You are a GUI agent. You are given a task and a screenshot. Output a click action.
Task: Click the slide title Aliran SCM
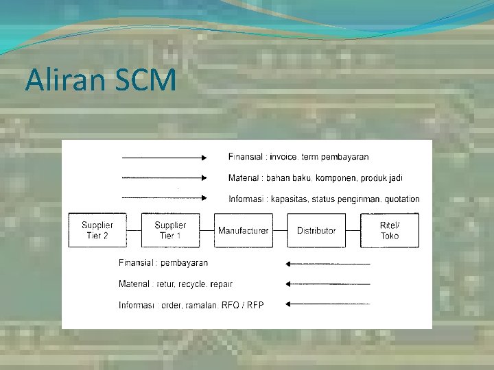point(100,80)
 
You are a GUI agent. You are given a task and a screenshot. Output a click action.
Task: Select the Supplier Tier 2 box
point(97,230)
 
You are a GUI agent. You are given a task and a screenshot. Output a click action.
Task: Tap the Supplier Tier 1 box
point(170,230)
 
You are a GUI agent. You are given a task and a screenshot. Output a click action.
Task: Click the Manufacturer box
point(244,230)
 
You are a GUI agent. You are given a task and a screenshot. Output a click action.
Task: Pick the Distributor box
point(316,230)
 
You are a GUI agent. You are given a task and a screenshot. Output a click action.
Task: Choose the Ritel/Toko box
point(390,230)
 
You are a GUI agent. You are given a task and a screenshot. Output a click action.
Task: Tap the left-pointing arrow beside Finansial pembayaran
point(328,263)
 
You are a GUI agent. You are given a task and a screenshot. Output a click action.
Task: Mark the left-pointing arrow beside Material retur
point(328,284)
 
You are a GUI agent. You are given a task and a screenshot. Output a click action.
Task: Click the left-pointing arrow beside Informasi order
point(328,304)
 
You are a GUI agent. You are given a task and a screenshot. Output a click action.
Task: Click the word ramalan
point(203,305)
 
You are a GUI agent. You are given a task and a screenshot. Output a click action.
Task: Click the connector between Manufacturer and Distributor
point(280,230)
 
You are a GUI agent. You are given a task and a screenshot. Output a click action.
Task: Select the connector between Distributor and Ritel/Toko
point(353,230)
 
